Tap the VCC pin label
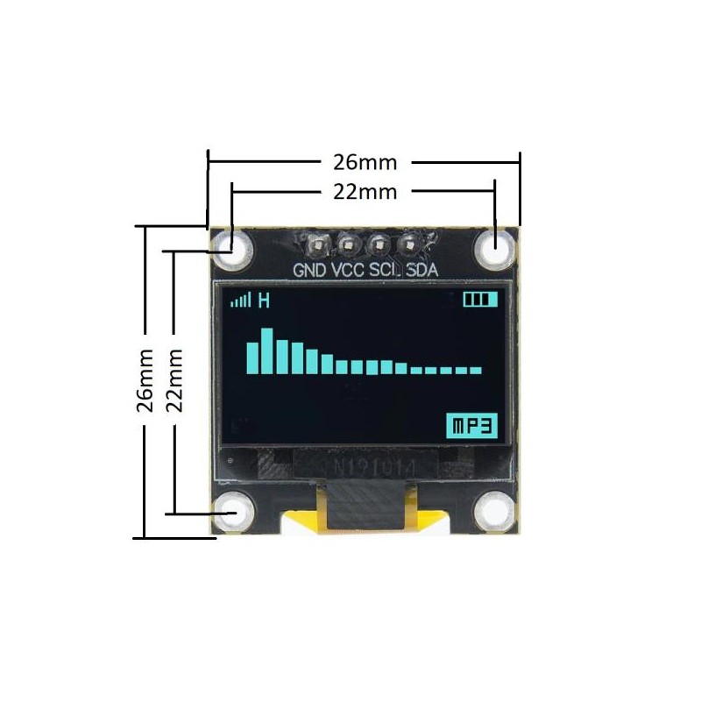(x=349, y=270)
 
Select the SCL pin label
(x=386, y=270)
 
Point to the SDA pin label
(x=422, y=270)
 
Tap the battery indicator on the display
(x=480, y=300)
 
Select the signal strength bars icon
(x=239, y=301)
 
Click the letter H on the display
(x=263, y=301)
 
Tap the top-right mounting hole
(x=495, y=246)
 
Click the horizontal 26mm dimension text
(x=365, y=163)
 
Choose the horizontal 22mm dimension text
(x=365, y=191)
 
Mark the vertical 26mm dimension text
(x=145, y=379)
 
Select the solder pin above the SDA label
(x=408, y=243)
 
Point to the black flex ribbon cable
(x=363, y=508)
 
